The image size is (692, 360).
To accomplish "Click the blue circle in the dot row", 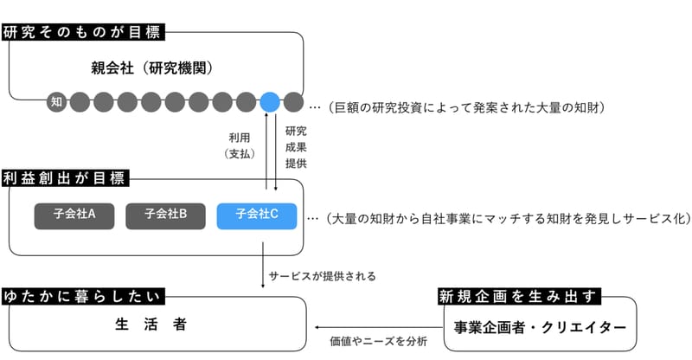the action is click(x=270, y=102).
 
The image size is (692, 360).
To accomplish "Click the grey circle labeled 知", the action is click(x=56, y=102).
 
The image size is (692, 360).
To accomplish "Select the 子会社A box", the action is click(x=74, y=216).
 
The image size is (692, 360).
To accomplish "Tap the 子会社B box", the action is click(x=165, y=216).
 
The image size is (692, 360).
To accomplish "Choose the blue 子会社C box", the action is click(x=256, y=216).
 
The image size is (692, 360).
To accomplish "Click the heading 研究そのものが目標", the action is click(x=83, y=32).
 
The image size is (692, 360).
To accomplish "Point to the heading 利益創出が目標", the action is click(x=65, y=178).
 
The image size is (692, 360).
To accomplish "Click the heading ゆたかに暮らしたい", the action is click(x=83, y=296).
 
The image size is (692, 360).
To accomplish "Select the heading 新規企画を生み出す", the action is click(x=520, y=296).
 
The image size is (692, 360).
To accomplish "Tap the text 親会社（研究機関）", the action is click(x=153, y=68).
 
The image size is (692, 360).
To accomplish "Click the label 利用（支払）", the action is click(x=240, y=145).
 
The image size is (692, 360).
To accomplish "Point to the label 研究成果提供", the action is click(x=296, y=147).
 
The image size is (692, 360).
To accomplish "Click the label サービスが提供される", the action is click(x=322, y=277).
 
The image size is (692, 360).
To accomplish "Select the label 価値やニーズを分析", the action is click(x=379, y=341).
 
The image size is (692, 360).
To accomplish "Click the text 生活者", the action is click(x=151, y=325).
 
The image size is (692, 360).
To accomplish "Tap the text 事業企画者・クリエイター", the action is click(x=540, y=327).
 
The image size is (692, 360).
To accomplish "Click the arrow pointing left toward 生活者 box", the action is click(x=379, y=327).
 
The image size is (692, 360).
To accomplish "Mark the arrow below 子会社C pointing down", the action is click(x=263, y=265).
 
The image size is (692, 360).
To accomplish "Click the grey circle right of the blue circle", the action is click(x=293, y=102).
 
